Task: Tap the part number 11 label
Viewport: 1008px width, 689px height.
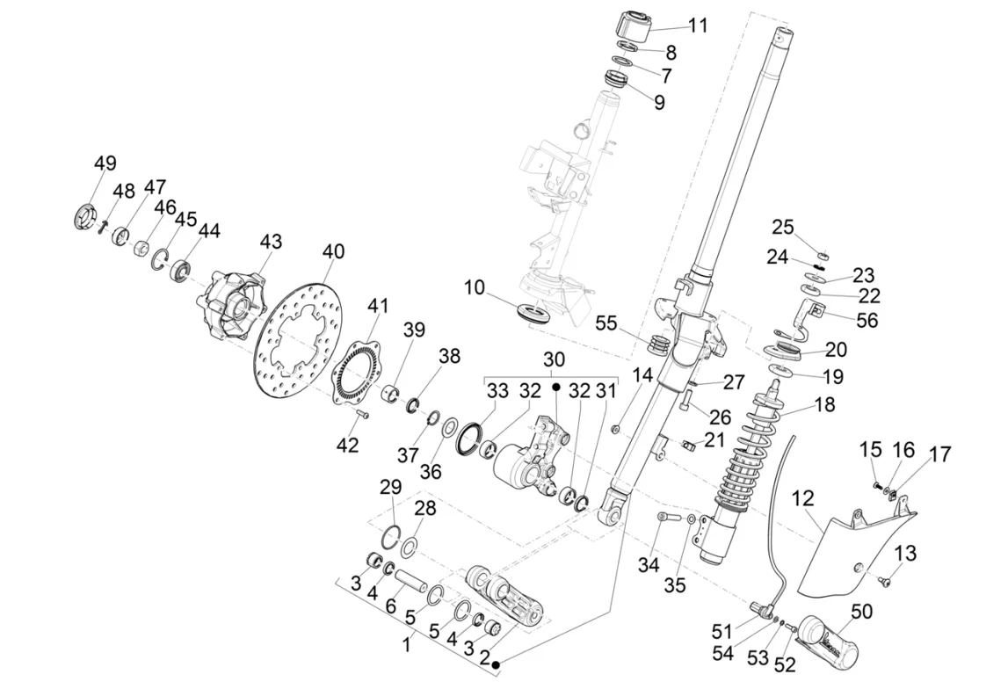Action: (x=698, y=25)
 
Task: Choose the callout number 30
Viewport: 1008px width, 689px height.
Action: (x=555, y=360)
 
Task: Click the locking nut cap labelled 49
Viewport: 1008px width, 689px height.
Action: (x=85, y=216)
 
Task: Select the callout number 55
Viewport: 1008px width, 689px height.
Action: (x=606, y=323)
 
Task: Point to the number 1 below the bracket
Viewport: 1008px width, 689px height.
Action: (x=406, y=644)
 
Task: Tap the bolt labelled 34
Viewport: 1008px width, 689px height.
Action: (x=670, y=519)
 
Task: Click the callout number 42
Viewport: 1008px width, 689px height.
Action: (x=348, y=446)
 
